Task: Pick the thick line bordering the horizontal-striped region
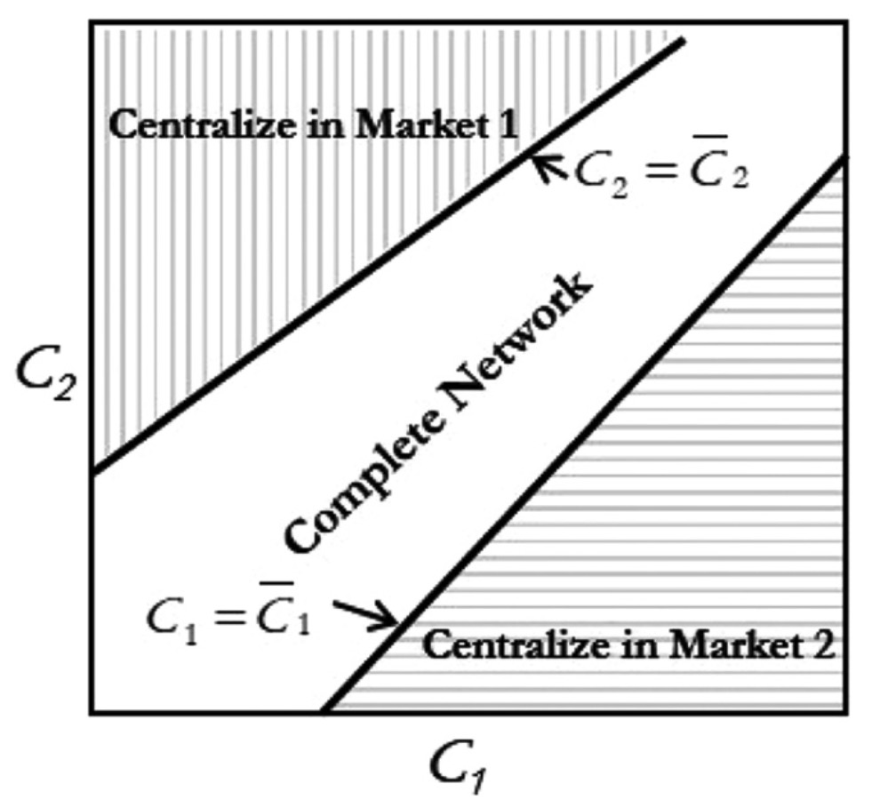[x=578, y=436]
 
